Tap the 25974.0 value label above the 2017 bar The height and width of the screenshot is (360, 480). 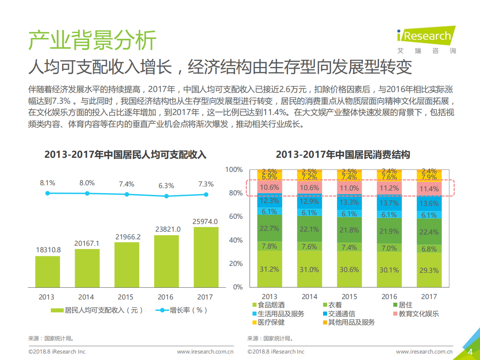coord(206,221)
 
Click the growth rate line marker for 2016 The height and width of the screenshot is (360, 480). coord(166,196)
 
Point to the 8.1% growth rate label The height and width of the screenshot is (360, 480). coord(47,183)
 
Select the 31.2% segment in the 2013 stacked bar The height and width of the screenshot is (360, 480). coord(269,269)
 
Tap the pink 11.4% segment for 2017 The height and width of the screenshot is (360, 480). coord(429,189)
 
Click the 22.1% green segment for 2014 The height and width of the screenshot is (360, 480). coord(309,229)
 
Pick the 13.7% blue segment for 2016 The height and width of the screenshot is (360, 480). coord(389,203)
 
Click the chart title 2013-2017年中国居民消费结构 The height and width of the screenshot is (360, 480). coord(343,155)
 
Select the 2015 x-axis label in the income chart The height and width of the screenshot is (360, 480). coord(125,297)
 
